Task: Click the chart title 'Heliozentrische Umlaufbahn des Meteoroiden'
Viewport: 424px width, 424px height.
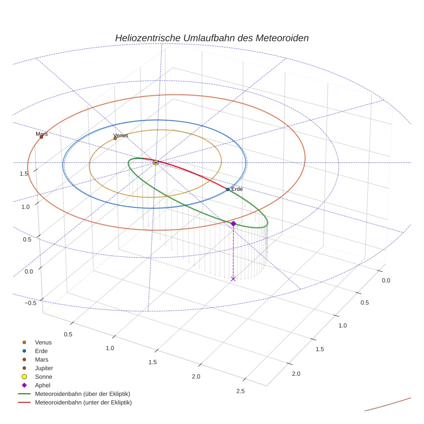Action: click(212, 38)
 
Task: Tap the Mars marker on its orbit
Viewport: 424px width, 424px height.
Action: click(41, 137)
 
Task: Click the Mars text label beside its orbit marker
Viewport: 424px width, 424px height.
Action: click(42, 134)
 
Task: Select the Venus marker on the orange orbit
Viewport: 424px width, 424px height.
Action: click(115, 138)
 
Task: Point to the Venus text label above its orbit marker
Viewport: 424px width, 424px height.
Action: click(121, 135)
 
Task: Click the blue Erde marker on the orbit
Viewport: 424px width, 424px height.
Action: click(228, 190)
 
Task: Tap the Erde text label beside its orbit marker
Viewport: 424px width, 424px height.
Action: click(237, 189)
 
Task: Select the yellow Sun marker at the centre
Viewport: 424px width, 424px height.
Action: click(156, 162)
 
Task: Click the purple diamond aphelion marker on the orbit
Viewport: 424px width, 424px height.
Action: click(233, 223)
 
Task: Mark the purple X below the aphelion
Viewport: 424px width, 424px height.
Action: click(233, 279)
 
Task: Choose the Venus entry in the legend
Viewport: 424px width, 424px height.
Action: click(43, 343)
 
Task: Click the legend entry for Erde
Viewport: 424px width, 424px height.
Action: click(41, 351)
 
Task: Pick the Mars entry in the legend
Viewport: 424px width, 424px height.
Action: click(41, 360)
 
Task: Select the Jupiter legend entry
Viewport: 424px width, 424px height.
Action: click(44, 368)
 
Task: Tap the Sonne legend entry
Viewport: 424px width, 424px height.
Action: click(44, 377)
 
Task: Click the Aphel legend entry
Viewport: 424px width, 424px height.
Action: click(43, 385)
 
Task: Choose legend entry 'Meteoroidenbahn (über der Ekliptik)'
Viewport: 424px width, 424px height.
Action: click(82, 394)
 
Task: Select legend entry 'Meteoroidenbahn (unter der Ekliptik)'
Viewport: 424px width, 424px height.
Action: click(83, 402)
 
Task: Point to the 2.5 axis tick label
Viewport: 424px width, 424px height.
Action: click(240, 391)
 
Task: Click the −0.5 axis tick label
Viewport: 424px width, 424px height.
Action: click(30, 303)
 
